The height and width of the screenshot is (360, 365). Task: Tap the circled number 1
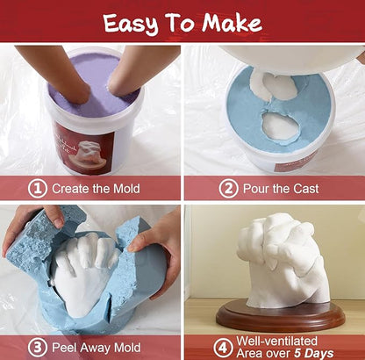point(36,188)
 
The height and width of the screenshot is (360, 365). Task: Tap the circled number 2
point(227,188)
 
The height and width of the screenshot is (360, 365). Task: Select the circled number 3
point(36,348)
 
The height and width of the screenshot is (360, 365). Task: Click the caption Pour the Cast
point(281,188)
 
